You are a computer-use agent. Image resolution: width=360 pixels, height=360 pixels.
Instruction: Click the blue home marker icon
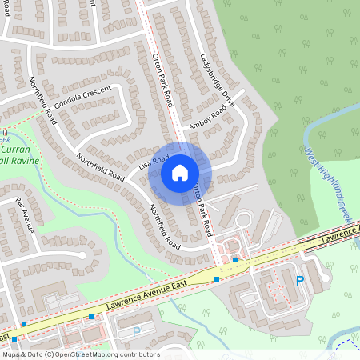[180, 172]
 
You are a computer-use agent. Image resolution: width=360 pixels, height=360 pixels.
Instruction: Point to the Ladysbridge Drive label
[217, 81]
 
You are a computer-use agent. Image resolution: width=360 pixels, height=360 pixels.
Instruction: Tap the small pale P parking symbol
[136, 330]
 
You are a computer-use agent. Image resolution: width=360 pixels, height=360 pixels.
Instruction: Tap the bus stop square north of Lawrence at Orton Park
[234, 259]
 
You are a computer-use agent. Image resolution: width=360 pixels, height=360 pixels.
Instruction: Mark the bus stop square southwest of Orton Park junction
[216, 278]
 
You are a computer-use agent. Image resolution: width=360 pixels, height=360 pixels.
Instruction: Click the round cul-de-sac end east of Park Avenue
[81, 255]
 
